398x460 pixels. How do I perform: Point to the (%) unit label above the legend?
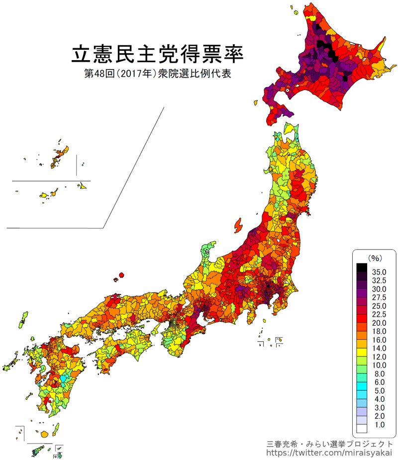374,258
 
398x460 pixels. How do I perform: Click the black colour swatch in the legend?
362,268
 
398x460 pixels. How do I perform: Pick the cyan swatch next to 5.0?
362,390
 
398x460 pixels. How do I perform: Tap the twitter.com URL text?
329,453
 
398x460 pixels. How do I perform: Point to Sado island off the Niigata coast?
238,225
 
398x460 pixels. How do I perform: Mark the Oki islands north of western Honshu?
120,275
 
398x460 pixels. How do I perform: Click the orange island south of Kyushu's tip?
45,434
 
